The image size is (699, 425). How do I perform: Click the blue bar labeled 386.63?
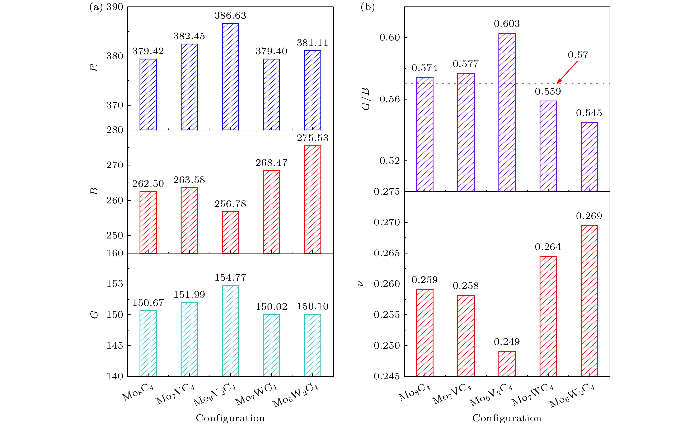[x=230, y=77]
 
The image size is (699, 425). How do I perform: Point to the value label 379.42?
[x=148, y=51]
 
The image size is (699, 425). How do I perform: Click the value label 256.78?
[x=230, y=204]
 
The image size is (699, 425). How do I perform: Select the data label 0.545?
[x=589, y=113]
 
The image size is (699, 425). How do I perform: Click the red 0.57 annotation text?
[x=578, y=55]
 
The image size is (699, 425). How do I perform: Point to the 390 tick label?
[x=115, y=7]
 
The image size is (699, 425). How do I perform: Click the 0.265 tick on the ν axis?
[x=386, y=253]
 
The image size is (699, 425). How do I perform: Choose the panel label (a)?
[x=96, y=7]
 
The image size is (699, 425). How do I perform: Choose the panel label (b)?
[x=368, y=7]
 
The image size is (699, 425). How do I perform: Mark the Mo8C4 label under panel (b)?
[x=415, y=392]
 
